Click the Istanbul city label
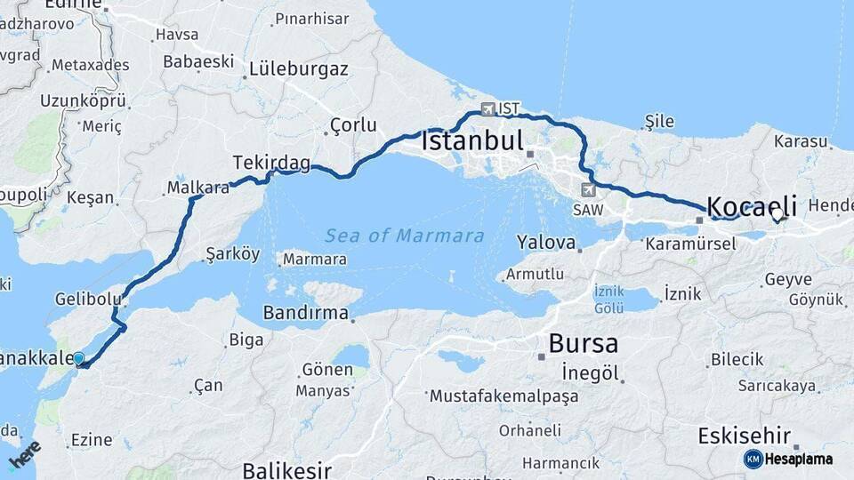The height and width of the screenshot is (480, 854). click(471, 141)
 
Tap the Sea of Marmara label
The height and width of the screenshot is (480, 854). click(404, 236)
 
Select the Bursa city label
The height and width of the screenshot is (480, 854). click(583, 342)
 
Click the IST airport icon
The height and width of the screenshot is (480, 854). click(487, 109)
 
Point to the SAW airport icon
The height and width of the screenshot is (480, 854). click(587, 189)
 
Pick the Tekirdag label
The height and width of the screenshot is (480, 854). click(271, 163)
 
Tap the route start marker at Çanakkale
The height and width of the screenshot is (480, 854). click(79, 359)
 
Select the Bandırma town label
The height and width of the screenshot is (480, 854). click(305, 313)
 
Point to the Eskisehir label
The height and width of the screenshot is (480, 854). click(744, 436)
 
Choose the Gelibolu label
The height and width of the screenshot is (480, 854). click(85, 299)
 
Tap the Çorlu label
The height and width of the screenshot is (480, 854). click(353, 125)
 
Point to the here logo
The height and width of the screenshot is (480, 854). click(24, 455)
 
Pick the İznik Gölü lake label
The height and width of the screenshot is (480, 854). click(608, 300)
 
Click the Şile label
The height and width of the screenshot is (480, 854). click(659, 122)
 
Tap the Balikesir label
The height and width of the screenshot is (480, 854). click(286, 469)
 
